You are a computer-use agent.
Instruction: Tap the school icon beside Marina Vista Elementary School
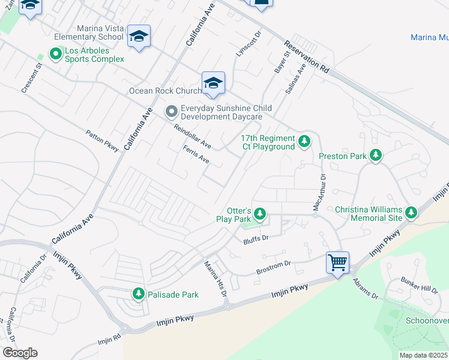click(x=139, y=37)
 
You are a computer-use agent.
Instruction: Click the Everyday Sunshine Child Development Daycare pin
click(x=171, y=112)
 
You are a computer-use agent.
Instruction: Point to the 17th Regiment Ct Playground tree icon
click(x=305, y=141)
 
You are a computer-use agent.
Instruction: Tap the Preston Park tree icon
click(x=376, y=156)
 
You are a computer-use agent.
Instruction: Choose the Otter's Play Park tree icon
click(x=260, y=214)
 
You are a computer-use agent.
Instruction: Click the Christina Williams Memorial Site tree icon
click(x=411, y=212)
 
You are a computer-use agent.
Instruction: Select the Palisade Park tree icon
click(x=139, y=294)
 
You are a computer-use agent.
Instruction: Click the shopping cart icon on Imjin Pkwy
click(x=337, y=262)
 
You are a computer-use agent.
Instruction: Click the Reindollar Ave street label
click(x=192, y=137)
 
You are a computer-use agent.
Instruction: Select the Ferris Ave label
click(x=196, y=155)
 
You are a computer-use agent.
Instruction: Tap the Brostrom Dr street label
click(x=273, y=265)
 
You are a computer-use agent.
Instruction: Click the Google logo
click(x=20, y=353)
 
